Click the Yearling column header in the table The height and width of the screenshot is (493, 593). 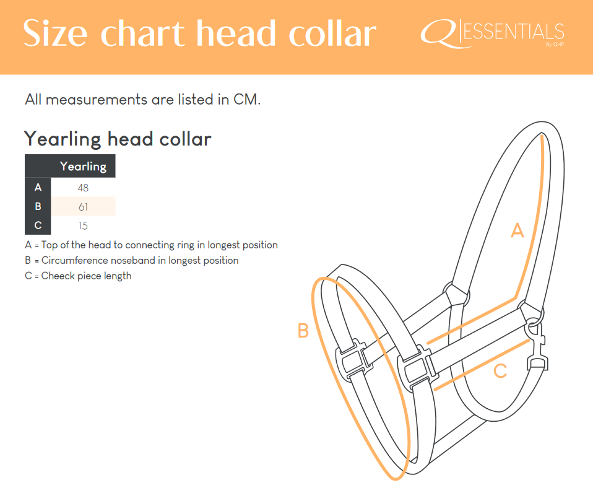[x=83, y=166]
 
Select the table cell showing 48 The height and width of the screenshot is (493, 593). [x=83, y=188]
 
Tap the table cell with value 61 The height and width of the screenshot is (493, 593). [x=83, y=207]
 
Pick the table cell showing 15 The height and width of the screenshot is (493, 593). [x=83, y=226]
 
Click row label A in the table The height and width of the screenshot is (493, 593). [x=38, y=187]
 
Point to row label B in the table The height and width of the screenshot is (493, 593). [x=38, y=206]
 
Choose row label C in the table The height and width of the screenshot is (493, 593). [x=38, y=225]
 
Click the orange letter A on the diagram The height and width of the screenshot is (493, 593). [x=517, y=230]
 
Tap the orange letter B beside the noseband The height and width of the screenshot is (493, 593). [x=303, y=330]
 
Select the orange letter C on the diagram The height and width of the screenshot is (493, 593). [x=500, y=371]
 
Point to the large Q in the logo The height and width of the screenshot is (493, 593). [x=440, y=33]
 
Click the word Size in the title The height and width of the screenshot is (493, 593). [x=56, y=33]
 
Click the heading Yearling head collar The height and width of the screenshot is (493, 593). [x=118, y=139]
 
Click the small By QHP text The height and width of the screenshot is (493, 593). [x=555, y=44]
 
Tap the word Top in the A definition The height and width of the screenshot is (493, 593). [x=49, y=245]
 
